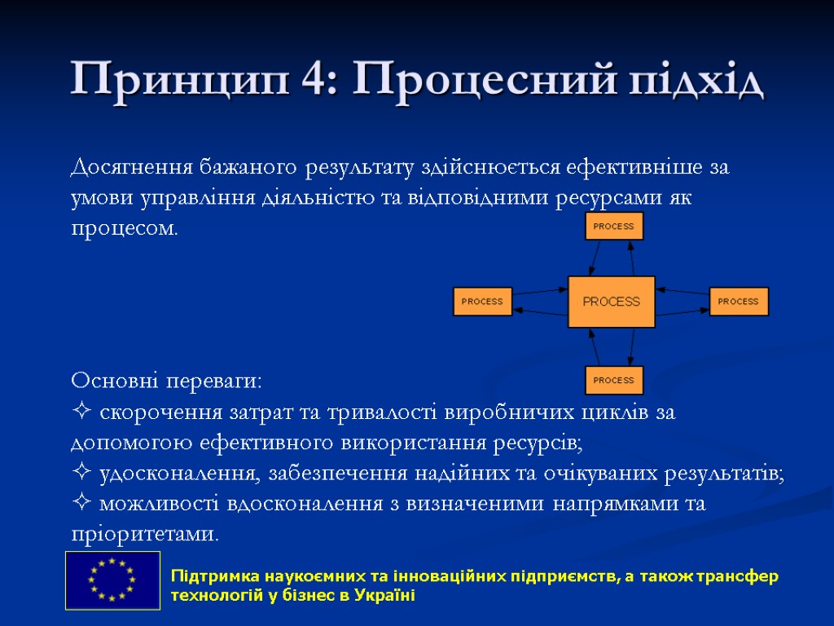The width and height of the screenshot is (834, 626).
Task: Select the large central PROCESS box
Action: (x=611, y=302)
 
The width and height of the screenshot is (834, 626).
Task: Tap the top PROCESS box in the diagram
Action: (x=614, y=226)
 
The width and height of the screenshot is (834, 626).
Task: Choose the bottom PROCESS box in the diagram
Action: (x=614, y=380)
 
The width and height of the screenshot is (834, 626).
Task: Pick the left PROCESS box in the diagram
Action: (x=482, y=302)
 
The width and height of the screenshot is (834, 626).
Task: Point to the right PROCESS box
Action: (x=739, y=302)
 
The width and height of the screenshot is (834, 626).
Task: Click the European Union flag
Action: (x=112, y=580)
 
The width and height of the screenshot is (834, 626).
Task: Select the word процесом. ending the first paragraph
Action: (x=124, y=229)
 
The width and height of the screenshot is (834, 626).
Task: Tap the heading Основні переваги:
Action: (x=167, y=381)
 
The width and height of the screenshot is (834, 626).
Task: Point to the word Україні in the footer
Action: (x=386, y=596)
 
